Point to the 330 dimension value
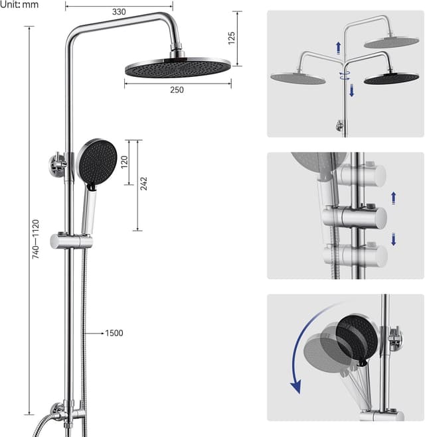tap(119, 12)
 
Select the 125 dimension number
tap(231, 38)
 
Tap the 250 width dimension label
tap(177, 90)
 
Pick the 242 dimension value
tap(143, 184)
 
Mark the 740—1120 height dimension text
tap(36, 239)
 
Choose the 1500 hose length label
tap(114, 333)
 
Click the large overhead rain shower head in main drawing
tap(177, 68)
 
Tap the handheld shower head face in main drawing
tap(96, 161)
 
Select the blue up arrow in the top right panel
tap(339, 47)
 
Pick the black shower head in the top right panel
tap(391, 77)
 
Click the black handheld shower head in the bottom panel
tap(357, 336)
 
